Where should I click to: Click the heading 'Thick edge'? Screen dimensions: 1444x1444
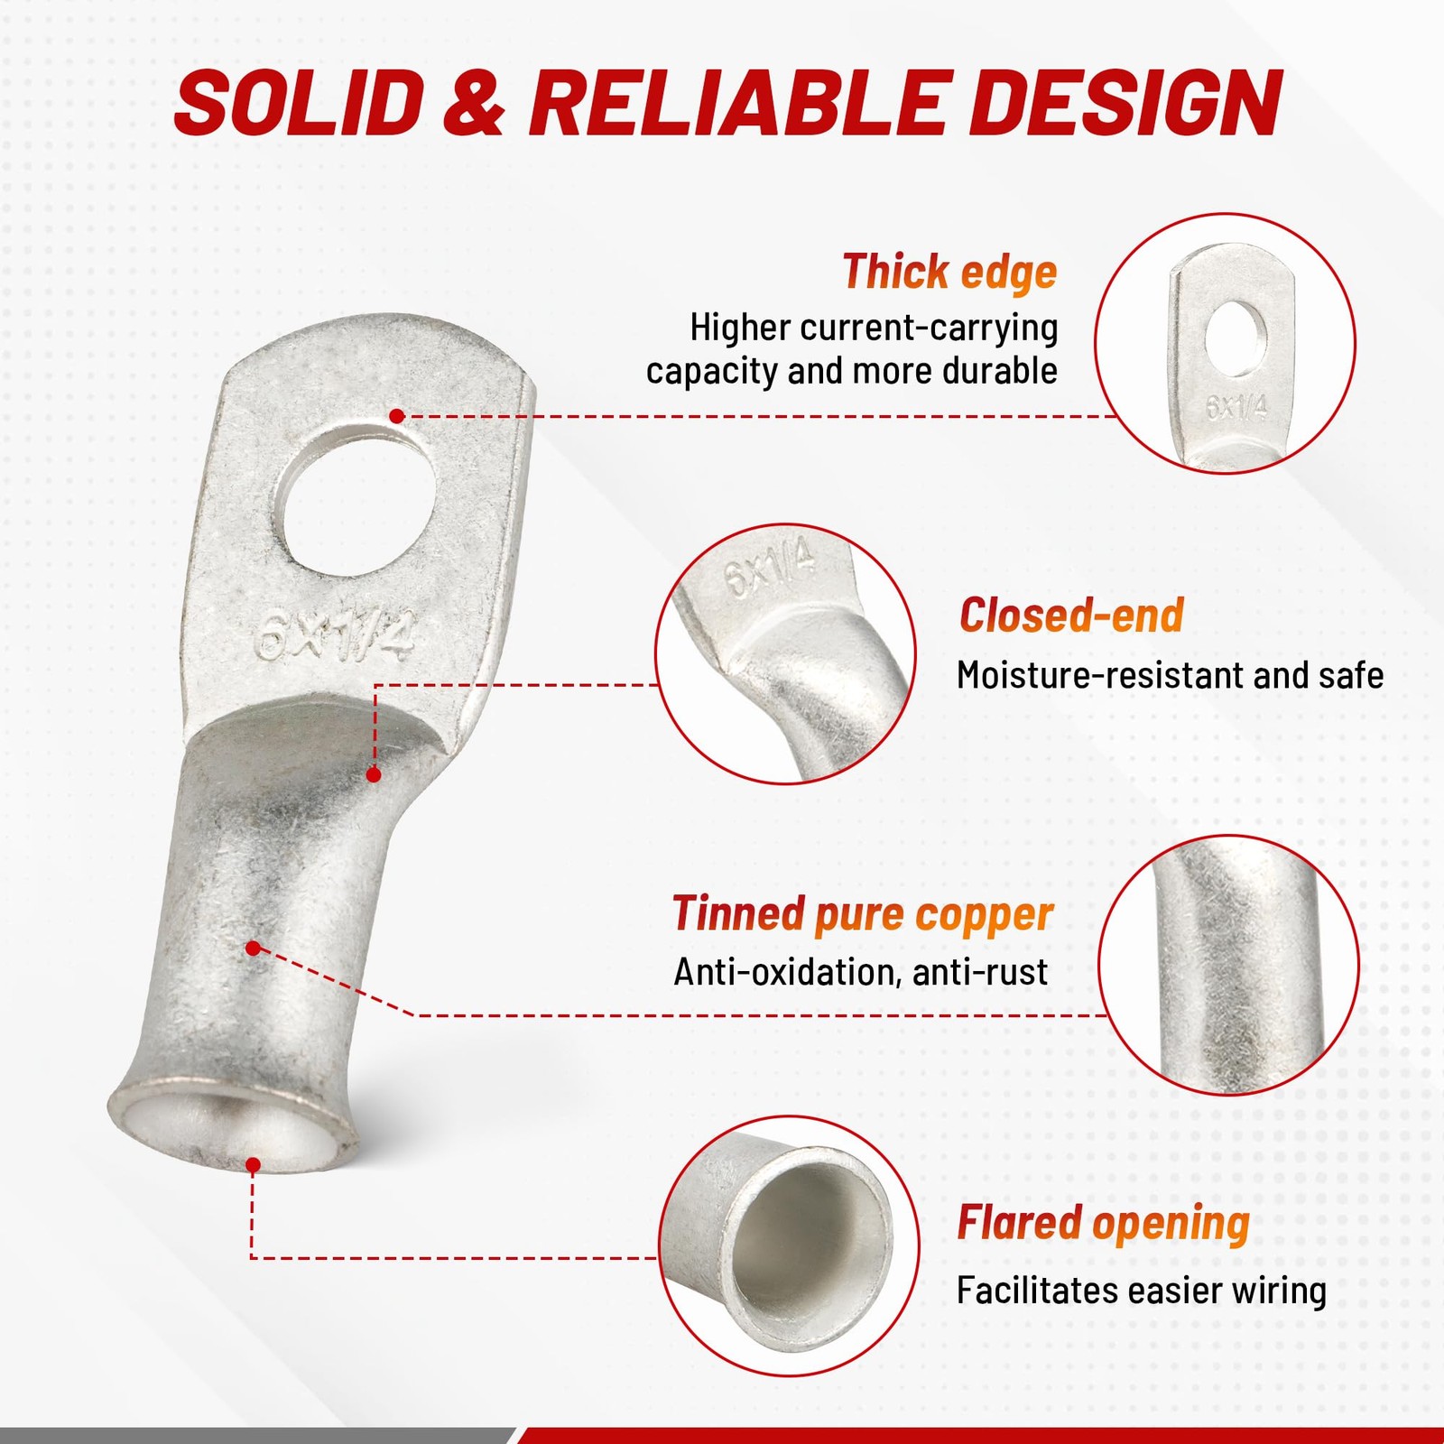(x=949, y=272)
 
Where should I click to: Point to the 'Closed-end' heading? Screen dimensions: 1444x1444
(x=1071, y=615)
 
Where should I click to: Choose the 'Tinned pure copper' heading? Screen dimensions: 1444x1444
(x=863, y=913)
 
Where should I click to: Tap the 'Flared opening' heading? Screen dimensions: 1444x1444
(x=1103, y=1224)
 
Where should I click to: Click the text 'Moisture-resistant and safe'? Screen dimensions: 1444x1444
(x=1170, y=675)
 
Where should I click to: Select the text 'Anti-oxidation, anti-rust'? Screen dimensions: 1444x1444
(x=860, y=972)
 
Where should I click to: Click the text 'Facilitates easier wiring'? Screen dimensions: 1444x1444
(x=1142, y=1291)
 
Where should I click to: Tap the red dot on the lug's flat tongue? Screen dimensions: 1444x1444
(x=397, y=416)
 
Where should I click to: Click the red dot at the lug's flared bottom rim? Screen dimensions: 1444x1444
(x=254, y=1165)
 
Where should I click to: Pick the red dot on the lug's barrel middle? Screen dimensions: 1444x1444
(x=254, y=949)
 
